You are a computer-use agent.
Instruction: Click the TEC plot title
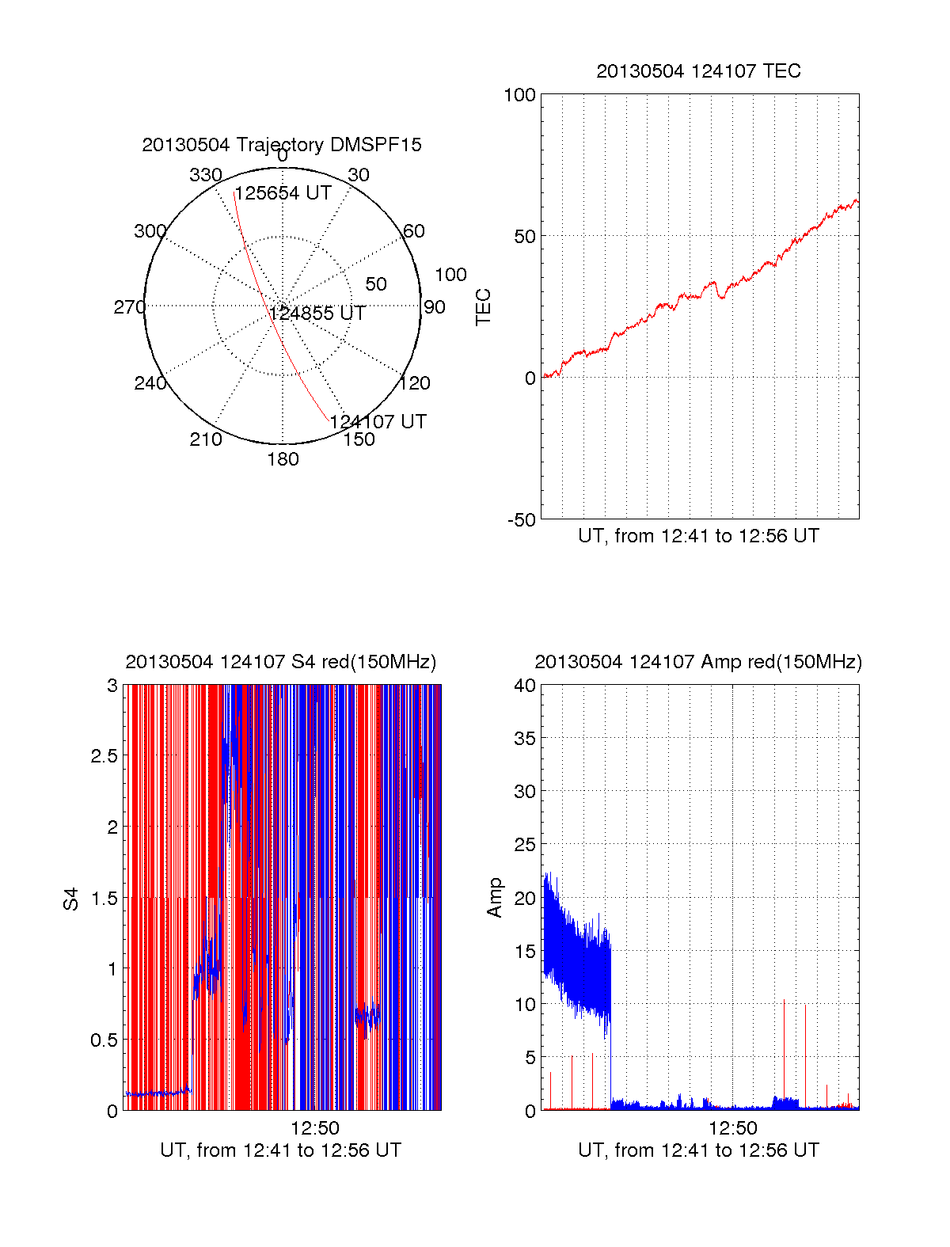698,71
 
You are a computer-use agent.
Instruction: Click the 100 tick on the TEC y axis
519,95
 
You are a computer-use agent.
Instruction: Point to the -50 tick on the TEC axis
521,520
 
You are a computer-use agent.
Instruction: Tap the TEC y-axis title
483,307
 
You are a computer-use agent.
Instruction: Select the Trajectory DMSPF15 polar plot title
282,145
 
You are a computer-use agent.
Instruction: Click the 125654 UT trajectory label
283,193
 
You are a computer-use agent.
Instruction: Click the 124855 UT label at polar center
317,314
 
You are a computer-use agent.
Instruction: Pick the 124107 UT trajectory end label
378,422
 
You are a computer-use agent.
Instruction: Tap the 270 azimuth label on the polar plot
129,307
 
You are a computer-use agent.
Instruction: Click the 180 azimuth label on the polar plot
283,459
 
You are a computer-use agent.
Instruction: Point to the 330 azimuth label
205,175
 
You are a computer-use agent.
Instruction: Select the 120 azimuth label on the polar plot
415,383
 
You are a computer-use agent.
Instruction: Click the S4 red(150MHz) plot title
281,662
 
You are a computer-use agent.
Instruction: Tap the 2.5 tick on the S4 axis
104,756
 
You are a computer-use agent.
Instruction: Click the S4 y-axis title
71,899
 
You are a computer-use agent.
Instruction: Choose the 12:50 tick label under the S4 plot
315,1128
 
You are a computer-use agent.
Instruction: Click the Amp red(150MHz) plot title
698,662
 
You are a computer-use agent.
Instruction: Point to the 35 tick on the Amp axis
525,739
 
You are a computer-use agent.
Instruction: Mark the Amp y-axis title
495,898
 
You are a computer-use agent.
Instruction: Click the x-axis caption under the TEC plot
698,536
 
